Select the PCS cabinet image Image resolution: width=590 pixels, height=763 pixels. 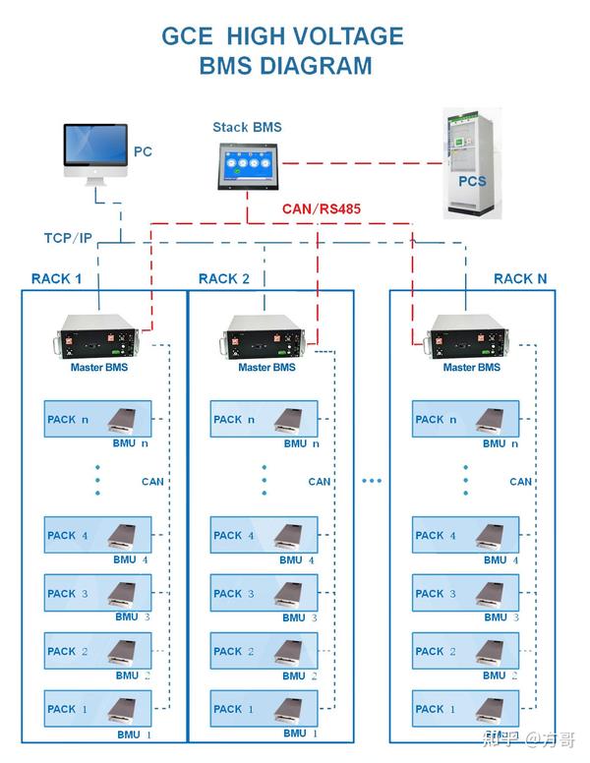(469, 166)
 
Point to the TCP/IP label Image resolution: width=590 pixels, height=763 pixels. (68, 238)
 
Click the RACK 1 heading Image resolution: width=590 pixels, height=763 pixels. (56, 278)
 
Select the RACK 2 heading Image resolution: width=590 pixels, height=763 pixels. (224, 278)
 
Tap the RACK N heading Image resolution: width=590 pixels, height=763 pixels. (520, 278)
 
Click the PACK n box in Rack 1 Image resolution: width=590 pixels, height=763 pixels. (98, 419)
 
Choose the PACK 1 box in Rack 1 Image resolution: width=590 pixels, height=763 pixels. (98, 708)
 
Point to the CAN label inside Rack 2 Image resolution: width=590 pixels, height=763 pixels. (319, 482)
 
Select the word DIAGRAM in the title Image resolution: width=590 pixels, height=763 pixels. (317, 66)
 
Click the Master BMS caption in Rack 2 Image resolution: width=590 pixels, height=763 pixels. (266, 368)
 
